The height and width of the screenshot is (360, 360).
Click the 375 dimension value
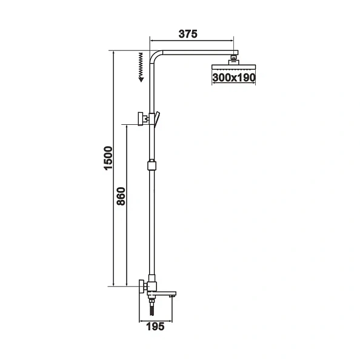tap(188, 35)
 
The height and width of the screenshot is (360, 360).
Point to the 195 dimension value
tap(157, 327)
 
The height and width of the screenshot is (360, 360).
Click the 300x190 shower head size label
tap(234, 78)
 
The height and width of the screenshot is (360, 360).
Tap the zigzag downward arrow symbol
tap(141, 66)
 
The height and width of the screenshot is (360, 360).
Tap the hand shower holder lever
tap(156, 119)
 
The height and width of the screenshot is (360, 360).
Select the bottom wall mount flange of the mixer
tap(141, 285)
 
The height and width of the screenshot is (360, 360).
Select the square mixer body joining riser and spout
tap(151, 286)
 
